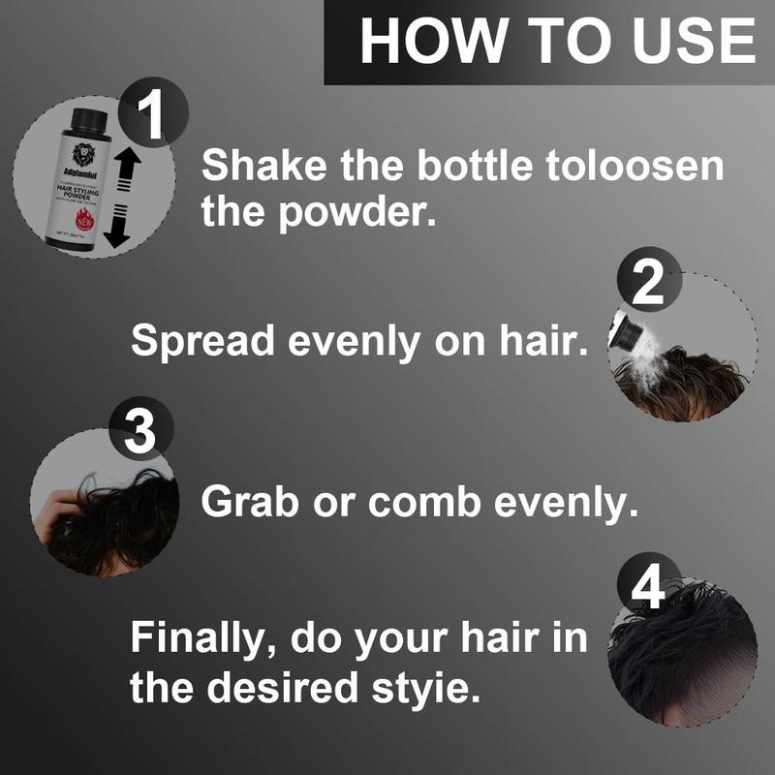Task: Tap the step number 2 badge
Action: pyautogui.click(x=646, y=284)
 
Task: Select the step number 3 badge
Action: pyautogui.click(x=141, y=432)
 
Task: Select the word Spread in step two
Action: pyautogui.click(x=197, y=340)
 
